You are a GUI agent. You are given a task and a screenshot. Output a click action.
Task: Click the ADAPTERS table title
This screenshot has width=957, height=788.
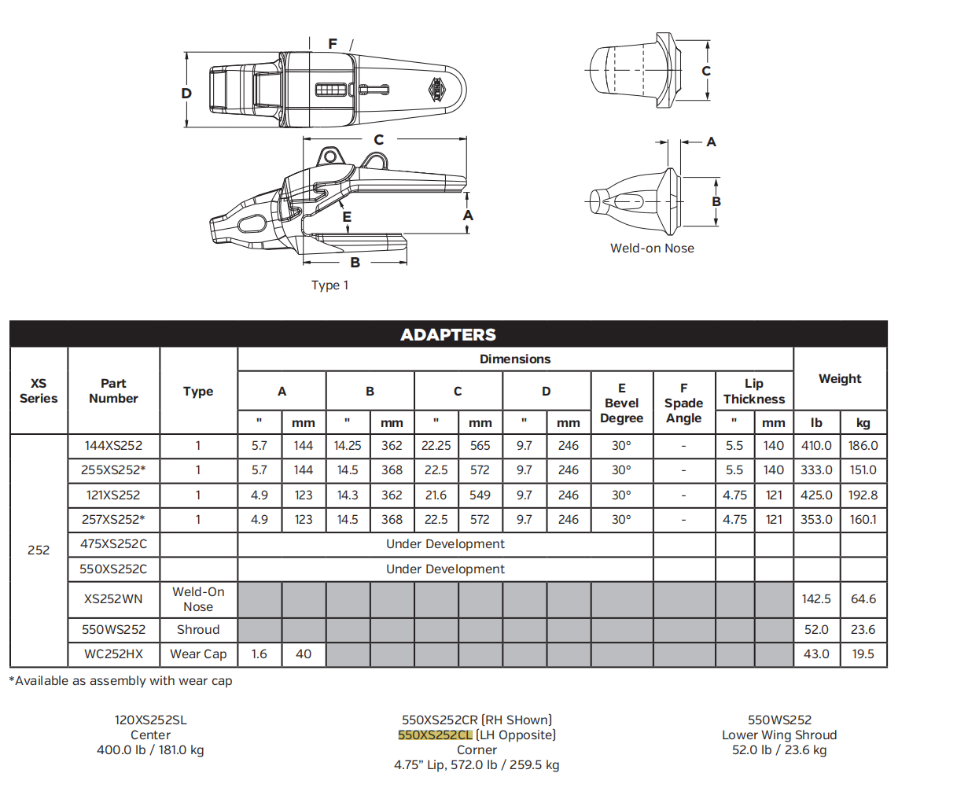click(448, 334)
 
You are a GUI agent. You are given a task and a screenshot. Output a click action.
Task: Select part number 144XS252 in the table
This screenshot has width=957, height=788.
click(114, 445)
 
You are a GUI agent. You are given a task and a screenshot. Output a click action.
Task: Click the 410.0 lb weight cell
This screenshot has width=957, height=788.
click(816, 445)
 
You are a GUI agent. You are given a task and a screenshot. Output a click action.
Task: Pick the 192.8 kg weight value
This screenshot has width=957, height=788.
click(863, 495)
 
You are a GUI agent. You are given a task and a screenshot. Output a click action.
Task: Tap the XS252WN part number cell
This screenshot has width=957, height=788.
click(114, 599)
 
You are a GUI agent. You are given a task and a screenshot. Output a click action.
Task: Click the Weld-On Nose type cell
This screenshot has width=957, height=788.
click(198, 599)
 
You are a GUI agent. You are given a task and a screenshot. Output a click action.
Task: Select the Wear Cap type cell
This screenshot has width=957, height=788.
click(198, 654)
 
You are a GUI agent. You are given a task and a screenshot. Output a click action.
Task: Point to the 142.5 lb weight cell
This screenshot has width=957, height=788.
click(816, 599)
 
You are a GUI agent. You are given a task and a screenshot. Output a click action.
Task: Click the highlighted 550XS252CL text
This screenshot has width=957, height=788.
click(436, 735)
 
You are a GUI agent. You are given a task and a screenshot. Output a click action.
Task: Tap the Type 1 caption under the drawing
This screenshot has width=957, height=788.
click(329, 285)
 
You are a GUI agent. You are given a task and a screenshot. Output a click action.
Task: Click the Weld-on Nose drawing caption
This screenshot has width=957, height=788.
click(652, 249)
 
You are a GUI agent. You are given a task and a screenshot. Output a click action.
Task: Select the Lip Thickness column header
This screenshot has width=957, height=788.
click(754, 391)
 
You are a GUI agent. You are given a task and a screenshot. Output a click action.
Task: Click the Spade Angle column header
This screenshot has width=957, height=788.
click(683, 403)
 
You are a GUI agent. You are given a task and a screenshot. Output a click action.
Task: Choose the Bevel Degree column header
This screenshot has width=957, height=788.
click(621, 403)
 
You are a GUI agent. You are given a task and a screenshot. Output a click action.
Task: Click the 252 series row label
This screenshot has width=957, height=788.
click(39, 550)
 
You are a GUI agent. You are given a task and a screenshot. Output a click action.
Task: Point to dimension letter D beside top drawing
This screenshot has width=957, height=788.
click(186, 94)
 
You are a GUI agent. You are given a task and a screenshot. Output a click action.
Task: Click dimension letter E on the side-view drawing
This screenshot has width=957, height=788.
click(347, 217)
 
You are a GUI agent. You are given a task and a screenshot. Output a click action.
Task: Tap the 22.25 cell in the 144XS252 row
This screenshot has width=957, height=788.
click(436, 445)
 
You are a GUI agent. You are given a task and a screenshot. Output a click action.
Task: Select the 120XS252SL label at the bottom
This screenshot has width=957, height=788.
click(150, 720)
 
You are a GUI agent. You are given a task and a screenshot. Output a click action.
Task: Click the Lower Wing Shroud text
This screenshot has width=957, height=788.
click(779, 735)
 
